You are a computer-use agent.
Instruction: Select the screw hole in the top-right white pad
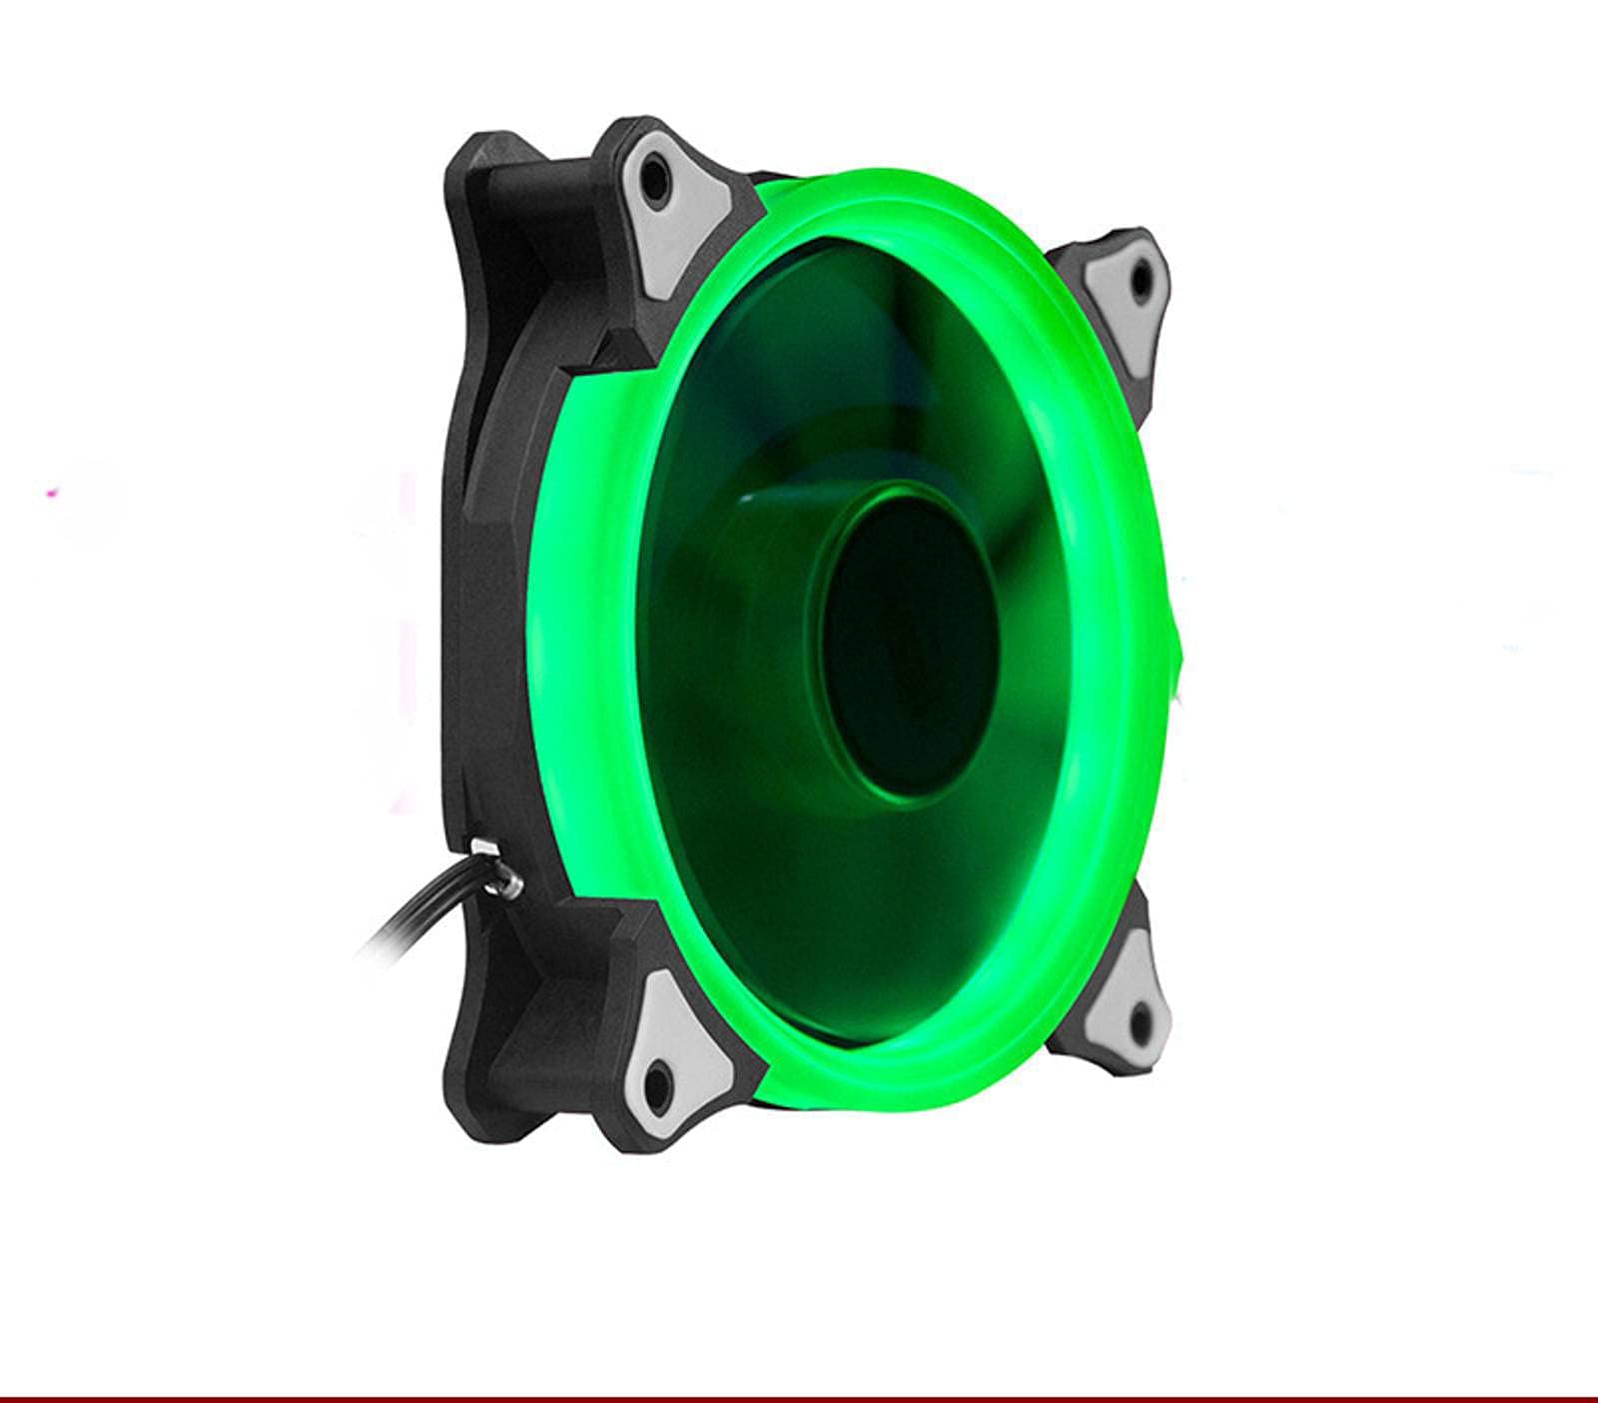[1139, 281]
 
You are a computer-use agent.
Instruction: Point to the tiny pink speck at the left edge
[52, 492]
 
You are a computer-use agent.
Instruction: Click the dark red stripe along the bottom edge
[799, 1398]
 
